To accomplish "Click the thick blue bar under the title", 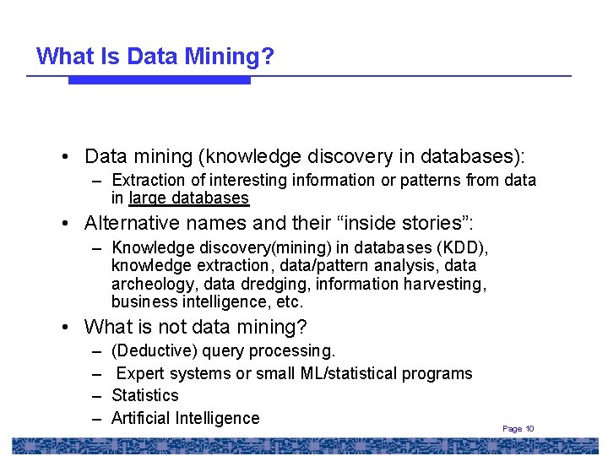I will pos(160,80).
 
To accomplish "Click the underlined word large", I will pos(149,198).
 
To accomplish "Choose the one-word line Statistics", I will pos(145,395).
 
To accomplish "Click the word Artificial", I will pos(141,418).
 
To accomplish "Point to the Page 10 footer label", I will pos(518,429).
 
